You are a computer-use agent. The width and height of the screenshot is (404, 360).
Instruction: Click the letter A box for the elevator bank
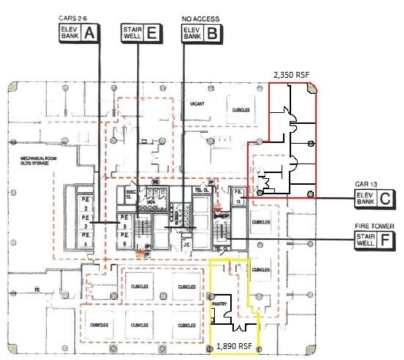pyautogui.click(x=89, y=32)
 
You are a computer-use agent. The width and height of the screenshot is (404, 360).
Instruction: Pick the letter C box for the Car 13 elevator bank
pyautogui.click(x=386, y=197)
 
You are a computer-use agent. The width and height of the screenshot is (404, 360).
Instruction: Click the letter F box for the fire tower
pyautogui.click(x=386, y=240)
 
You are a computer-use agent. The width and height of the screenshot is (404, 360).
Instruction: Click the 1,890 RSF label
pyautogui.click(x=235, y=345)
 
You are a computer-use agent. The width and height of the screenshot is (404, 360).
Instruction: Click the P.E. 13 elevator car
pyautogui.click(x=238, y=197)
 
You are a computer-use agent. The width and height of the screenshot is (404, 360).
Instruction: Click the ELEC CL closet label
pyautogui.click(x=133, y=188)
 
